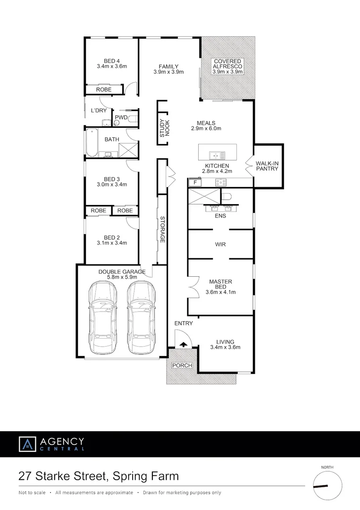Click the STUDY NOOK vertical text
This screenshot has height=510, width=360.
[x=163, y=127]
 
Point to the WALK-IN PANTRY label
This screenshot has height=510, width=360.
[x=268, y=166]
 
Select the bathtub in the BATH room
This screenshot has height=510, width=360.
[x=91, y=143]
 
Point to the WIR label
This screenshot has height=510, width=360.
[x=220, y=245]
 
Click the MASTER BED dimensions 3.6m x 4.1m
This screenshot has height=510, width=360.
[x=220, y=292]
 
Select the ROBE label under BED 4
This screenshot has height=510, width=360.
[x=103, y=89]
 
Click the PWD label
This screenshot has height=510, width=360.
[x=121, y=118]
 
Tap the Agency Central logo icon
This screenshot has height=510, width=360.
[x=27, y=444]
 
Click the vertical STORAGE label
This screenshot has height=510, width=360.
[x=162, y=229]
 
